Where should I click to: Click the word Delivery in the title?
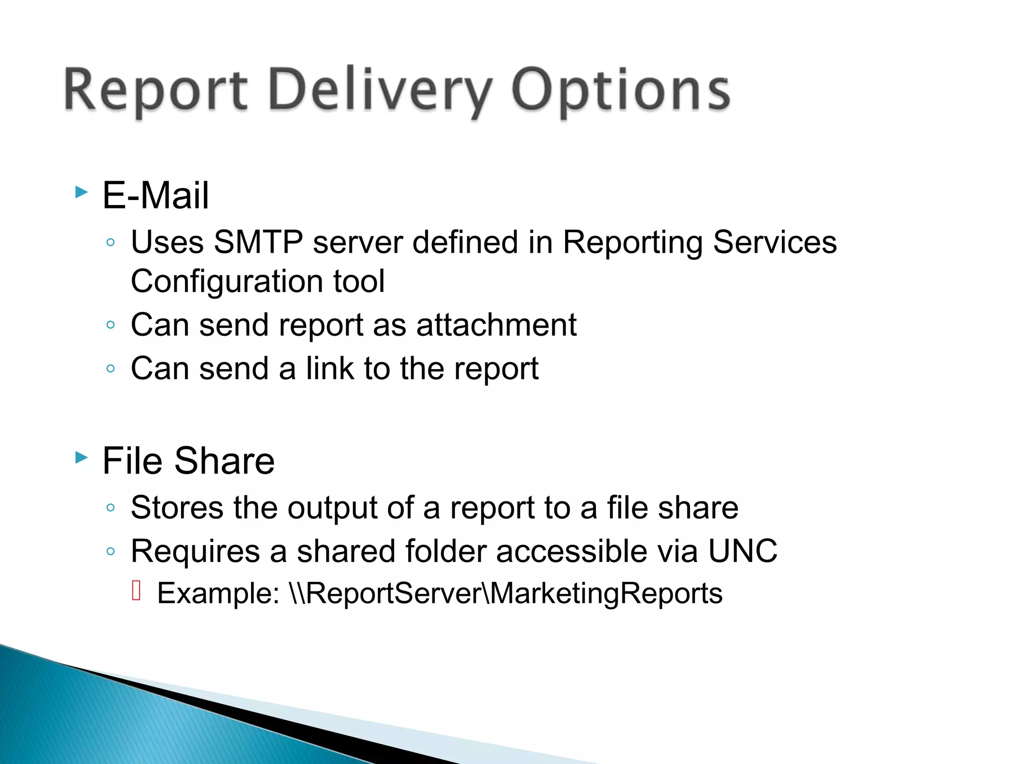pyautogui.click(x=380, y=91)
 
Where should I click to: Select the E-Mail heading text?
pyautogui.click(x=156, y=195)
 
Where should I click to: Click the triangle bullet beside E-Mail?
pyautogui.click(x=82, y=192)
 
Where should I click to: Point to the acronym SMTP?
pyautogui.click(x=258, y=242)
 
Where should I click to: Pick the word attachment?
pyautogui.click(x=496, y=325)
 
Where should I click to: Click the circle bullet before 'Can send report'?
pyautogui.click(x=111, y=325)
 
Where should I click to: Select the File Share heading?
pyautogui.click(x=188, y=461)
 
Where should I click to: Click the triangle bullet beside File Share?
pyautogui.click(x=82, y=457)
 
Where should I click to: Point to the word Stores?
pyautogui.click(x=177, y=508)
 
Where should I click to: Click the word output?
pyautogui.click(x=333, y=508)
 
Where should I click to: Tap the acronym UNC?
pyautogui.click(x=743, y=551)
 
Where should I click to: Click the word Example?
pyautogui.click(x=218, y=593)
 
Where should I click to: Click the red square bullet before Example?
pyautogui.click(x=137, y=590)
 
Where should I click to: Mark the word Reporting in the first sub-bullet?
pyautogui.click(x=633, y=242)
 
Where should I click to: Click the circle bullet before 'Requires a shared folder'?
pyautogui.click(x=111, y=552)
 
